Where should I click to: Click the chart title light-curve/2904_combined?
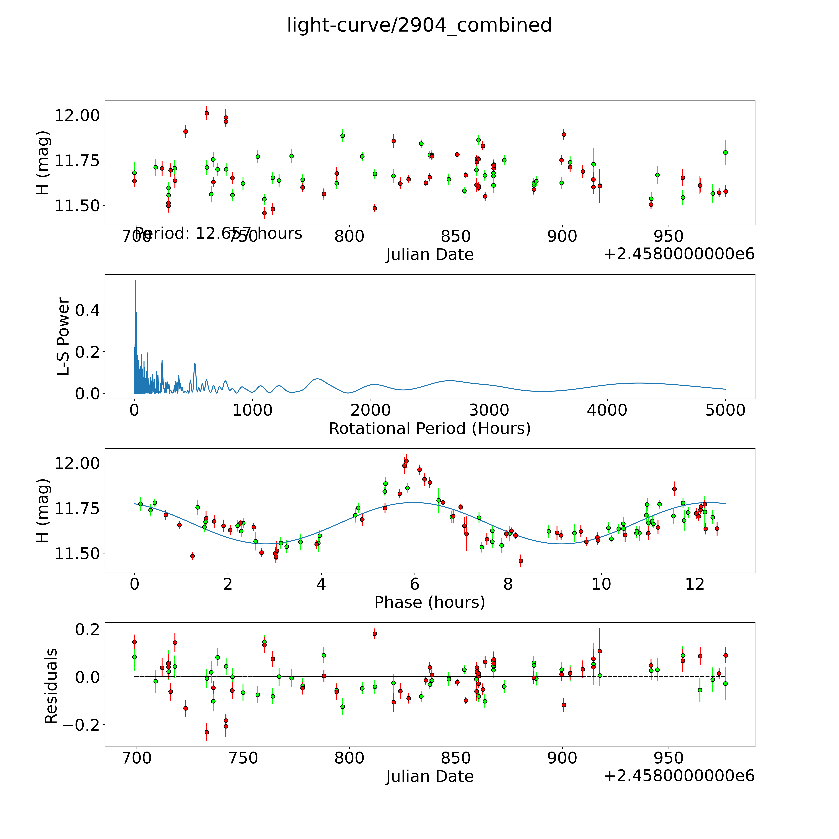tap(419, 25)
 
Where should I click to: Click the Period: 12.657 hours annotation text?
tap(218, 234)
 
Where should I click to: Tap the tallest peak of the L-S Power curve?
tap(135, 281)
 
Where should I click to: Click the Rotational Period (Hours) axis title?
tap(429, 429)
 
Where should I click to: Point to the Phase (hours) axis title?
tap(429, 602)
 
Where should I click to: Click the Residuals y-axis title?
tap(51, 686)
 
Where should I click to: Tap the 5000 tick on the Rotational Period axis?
tap(725, 410)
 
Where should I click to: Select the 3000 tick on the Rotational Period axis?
tap(489, 410)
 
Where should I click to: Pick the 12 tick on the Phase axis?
tap(695, 584)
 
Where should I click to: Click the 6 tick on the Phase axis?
tap(415, 584)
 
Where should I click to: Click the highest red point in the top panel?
tap(207, 113)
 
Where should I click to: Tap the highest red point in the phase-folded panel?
tap(406, 461)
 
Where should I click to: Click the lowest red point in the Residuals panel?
tap(207, 732)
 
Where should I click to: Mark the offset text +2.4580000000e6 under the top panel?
tap(679, 254)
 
